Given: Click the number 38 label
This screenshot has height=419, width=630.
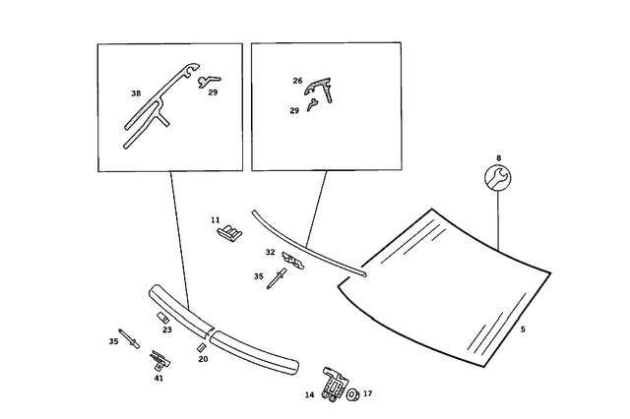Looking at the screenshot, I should tap(136, 93).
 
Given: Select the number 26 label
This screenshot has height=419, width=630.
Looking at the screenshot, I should tap(297, 81).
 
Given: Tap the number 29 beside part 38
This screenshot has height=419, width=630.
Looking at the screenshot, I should tap(213, 92).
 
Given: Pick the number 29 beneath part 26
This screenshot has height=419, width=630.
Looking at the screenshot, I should tap(294, 111).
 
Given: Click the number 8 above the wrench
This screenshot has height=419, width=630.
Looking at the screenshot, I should tap(499, 157).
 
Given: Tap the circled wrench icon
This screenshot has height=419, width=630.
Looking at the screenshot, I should tap(498, 178).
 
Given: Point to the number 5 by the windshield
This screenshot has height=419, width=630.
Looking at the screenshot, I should tap(523, 329).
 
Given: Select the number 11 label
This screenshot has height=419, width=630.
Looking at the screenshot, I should tap(215, 220).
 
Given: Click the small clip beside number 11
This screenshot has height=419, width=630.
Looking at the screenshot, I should tap(232, 231).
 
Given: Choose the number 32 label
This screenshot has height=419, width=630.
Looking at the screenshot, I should tap(270, 253).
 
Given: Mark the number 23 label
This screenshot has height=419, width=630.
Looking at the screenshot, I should tap(167, 329).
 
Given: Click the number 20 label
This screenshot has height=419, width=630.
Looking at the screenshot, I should tap(203, 359).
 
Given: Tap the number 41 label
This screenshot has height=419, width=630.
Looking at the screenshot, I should tap(157, 378).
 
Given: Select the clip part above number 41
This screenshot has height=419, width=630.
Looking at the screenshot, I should tap(157, 358).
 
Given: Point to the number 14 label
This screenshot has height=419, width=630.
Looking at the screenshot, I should tap(309, 395).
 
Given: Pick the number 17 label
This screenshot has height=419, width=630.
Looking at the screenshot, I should tap(368, 394).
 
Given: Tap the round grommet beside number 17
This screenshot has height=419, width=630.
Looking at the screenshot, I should tap(350, 394).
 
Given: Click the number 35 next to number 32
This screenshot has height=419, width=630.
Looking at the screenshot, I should tap(258, 277).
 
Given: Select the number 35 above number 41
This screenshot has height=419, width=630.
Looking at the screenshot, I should tap(113, 341).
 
